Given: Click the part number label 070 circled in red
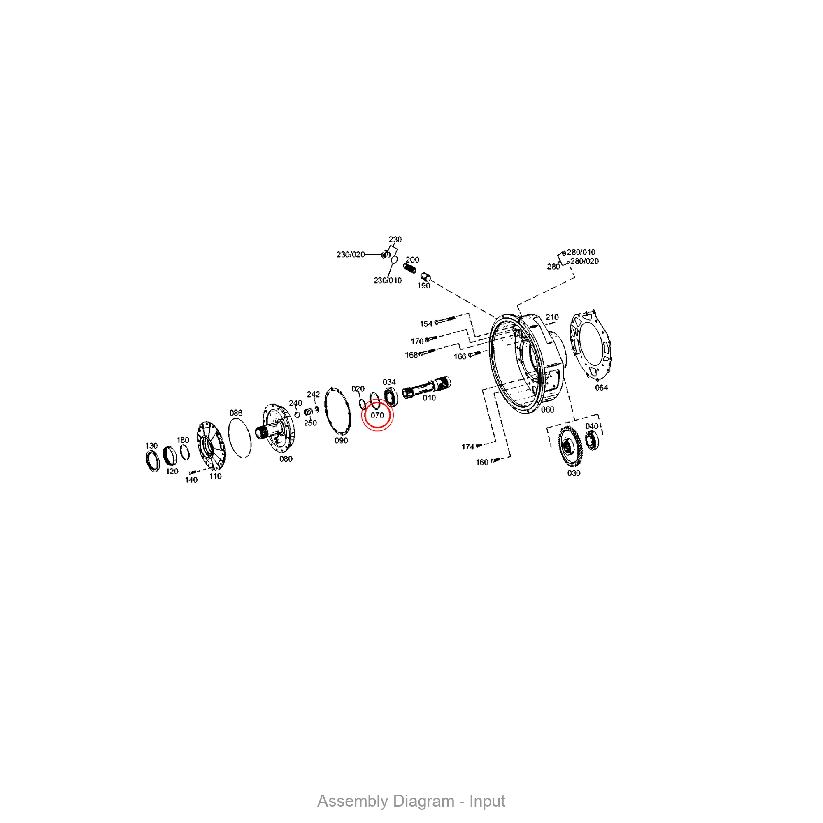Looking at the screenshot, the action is click(377, 415).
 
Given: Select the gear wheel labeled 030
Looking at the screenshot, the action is click(570, 446).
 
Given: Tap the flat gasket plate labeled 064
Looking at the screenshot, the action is click(591, 346).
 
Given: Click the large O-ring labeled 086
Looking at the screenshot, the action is click(240, 438).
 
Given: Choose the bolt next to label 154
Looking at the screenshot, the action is click(445, 319).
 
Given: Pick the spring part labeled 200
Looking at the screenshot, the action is click(410, 268).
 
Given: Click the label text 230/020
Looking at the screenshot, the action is click(351, 254).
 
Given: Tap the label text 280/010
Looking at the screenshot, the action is click(581, 252).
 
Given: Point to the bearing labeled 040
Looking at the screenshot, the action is click(592, 440).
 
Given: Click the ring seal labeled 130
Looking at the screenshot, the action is click(153, 461).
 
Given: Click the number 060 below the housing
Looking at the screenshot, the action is click(547, 409).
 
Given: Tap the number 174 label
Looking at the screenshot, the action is click(468, 446).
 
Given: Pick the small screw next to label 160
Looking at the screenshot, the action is click(495, 460).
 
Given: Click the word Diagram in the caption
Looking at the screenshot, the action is click(424, 801).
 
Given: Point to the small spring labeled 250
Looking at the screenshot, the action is click(308, 411).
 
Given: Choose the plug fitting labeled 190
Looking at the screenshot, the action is click(425, 277).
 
